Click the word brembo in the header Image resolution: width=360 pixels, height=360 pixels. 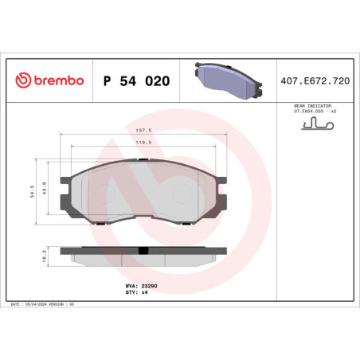point(57,81)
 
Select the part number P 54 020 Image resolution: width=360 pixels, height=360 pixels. point(136,81)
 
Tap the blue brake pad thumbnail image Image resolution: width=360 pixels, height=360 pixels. point(225,78)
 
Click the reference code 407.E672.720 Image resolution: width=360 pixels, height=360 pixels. point(315,81)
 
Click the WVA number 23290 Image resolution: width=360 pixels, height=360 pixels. point(150,285)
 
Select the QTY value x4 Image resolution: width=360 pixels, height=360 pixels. point(145,292)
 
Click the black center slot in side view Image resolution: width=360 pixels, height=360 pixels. point(143,252)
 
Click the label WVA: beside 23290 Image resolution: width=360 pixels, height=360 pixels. point(131,285)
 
